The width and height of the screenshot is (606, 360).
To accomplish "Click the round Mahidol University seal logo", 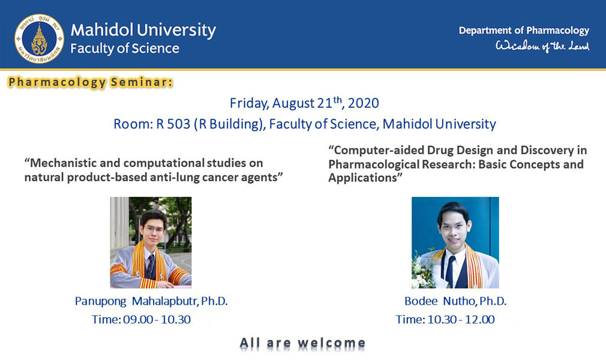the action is coord(39,38).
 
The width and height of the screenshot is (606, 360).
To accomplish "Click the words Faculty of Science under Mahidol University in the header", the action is coord(124,49).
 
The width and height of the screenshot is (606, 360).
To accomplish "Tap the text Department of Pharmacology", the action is coord(524,31).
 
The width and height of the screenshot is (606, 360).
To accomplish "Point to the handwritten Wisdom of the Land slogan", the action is coord(542,46).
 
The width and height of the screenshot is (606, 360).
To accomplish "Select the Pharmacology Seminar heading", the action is coord(90,82).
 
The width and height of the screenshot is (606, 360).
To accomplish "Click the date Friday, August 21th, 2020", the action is coord(304,103).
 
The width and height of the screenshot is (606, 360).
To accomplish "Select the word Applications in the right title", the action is coord(362,178).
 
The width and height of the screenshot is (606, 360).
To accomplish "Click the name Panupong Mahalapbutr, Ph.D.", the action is coord(151,301).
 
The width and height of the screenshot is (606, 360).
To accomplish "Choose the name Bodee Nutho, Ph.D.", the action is coord(455,301).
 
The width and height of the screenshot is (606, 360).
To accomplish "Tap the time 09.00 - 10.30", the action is coord(157,319).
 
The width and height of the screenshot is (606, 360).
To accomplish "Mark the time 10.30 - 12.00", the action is coord(461,319).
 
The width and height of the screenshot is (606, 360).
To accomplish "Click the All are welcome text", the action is coord(302,343).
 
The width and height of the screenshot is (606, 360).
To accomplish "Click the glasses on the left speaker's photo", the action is coord(154,230).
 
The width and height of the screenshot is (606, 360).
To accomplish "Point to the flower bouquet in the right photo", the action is coord(423,270).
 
